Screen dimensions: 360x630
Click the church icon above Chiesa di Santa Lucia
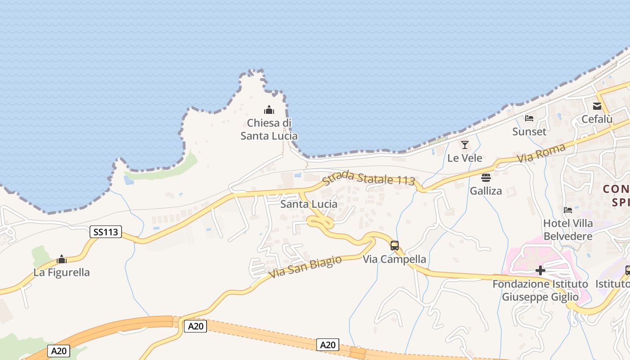pos(269,110)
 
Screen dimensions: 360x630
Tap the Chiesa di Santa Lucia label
pos(269,130)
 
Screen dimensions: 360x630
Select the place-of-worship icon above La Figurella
pos(62,260)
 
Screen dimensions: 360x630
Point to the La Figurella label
pos(62,272)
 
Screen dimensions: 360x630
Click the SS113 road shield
pos(106,232)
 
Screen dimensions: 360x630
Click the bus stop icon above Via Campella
pos(395,246)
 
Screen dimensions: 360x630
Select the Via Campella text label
pos(395,259)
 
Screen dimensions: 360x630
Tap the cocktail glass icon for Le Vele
pos(465,145)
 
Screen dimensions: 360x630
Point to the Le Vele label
pos(465,158)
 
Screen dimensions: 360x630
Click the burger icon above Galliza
pos(486,178)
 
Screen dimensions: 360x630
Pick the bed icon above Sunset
pos(529,118)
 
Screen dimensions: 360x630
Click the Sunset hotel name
pos(529,131)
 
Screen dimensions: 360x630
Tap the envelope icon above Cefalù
pos(597,106)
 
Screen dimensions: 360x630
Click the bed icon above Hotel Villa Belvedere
pos(568,210)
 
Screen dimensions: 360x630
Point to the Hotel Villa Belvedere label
pos(568,229)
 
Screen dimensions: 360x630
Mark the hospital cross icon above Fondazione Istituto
pos(540,270)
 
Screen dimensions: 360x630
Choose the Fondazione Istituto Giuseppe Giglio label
pos(540,291)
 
